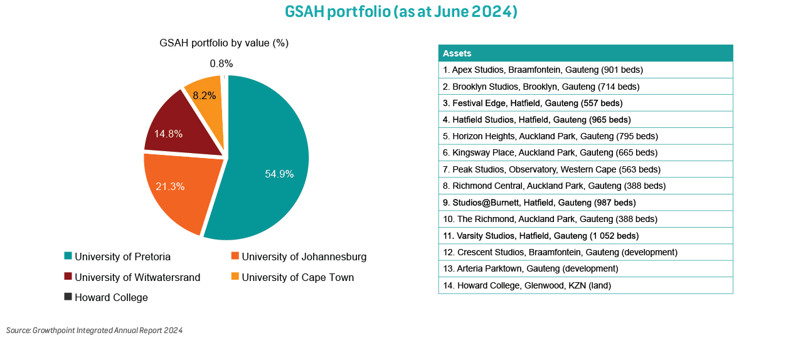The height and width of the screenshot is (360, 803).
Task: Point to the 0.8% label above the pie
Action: click(x=221, y=63)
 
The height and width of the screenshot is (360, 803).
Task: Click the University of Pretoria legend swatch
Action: click(x=68, y=256)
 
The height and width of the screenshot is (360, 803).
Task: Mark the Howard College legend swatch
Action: click(x=68, y=297)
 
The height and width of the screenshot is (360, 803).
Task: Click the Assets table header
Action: click(x=585, y=53)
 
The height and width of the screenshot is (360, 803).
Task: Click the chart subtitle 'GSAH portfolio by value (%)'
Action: click(x=224, y=43)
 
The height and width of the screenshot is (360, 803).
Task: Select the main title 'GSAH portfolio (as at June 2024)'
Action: click(x=401, y=12)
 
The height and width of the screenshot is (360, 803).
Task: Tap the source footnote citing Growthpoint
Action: click(x=94, y=330)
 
